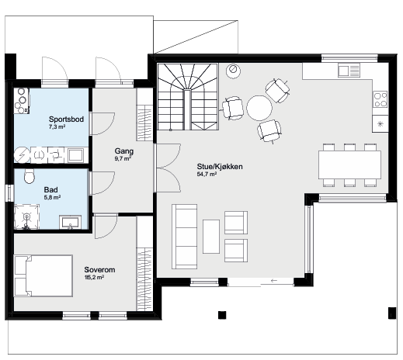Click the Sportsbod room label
tap(66, 119)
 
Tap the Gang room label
tap(124, 151)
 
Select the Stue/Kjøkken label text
tap(220, 167)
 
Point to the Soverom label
tap(99, 270)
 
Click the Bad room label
tap(50, 190)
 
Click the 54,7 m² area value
tap(207, 175)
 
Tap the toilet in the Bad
tap(30, 176)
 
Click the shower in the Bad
tap(26, 216)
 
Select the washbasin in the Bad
tap(70, 223)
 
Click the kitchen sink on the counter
tap(349, 71)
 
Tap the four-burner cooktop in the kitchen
tap(380, 99)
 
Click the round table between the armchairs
tap(259, 108)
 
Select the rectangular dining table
tap(349, 164)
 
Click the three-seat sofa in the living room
tap(185, 237)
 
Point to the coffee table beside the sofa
tap(211, 237)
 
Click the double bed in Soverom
tap(43, 275)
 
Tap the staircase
tap(188, 97)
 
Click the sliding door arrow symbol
tap(273, 280)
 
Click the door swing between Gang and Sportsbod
tap(102, 123)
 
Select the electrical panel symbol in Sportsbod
tap(22, 155)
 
